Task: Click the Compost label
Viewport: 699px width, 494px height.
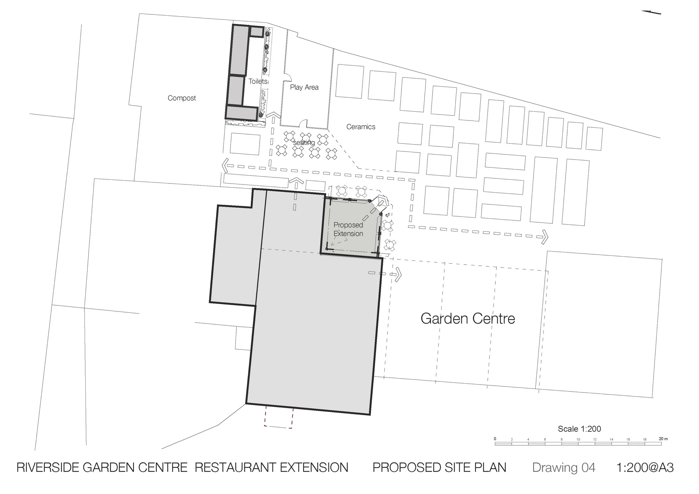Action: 182,98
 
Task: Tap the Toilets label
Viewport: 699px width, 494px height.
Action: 258,81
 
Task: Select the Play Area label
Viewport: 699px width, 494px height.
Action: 304,87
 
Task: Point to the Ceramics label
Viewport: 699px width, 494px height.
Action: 361,127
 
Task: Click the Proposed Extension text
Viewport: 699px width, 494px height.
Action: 348,229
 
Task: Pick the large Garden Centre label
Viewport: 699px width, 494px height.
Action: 467,319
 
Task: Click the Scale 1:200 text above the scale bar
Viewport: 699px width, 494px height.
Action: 579,429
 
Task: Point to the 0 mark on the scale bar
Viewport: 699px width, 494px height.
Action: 495,439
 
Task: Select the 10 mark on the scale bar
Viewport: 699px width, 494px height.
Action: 578,439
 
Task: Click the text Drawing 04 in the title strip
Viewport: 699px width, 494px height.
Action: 563,467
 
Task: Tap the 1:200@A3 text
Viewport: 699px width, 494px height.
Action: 645,467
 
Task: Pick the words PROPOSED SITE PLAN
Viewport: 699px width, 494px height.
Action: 439,467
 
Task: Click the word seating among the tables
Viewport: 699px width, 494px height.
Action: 304,143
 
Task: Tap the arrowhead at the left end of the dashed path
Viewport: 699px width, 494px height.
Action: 225,165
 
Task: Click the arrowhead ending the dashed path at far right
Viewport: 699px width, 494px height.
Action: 545,237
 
